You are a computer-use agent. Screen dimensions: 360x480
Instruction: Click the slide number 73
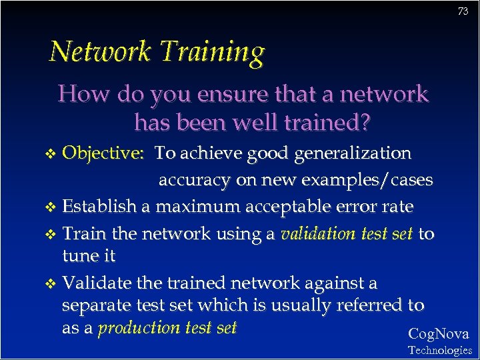(463, 11)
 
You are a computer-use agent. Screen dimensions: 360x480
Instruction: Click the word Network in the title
(97, 51)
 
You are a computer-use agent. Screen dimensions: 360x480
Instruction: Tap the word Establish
(99, 207)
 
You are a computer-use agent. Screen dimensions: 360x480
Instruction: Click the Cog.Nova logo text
(438, 334)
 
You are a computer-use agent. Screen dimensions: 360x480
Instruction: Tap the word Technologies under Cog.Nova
(439, 350)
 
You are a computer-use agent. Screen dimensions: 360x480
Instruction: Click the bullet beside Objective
(54, 155)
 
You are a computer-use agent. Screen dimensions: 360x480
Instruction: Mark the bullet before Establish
(54, 207)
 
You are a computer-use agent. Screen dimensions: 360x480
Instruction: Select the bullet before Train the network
(54, 234)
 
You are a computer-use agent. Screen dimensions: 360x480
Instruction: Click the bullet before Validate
(54, 284)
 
